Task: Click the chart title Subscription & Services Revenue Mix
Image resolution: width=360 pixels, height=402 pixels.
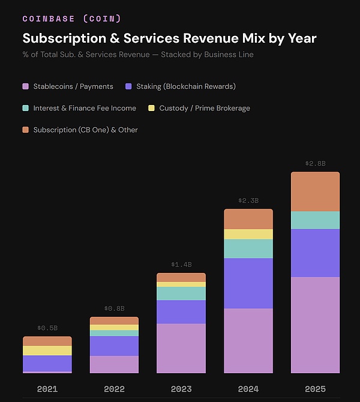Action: (169, 38)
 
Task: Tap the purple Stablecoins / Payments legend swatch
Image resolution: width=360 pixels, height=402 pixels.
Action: (26, 86)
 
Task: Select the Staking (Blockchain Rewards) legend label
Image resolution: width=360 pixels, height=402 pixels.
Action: (185, 86)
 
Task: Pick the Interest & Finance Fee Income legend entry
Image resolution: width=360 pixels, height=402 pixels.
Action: (85, 108)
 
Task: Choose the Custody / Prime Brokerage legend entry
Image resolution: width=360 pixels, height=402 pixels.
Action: (204, 108)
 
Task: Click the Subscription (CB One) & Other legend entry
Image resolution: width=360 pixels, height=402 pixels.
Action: (85, 130)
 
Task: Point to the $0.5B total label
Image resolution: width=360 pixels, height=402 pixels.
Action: (47, 328)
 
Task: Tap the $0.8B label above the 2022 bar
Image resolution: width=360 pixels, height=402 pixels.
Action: (114, 308)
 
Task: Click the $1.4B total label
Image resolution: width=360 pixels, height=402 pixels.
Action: (181, 265)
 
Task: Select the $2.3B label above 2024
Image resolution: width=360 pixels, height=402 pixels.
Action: (248, 200)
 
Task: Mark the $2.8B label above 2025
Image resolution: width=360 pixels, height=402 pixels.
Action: (315, 163)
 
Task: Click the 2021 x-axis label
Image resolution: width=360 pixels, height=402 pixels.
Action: (47, 389)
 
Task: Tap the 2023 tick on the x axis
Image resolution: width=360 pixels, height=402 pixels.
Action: (181, 389)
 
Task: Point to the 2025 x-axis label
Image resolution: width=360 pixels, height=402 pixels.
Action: (315, 389)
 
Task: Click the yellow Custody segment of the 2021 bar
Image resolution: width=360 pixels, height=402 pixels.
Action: (47, 350)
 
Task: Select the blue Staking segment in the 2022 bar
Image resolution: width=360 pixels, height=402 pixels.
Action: (114, 346)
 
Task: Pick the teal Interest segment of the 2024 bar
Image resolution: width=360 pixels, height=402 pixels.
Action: (248, 248)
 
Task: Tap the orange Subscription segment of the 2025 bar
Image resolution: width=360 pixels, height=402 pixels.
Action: (315, 191)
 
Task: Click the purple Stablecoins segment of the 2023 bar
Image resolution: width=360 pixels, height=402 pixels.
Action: (181, 348)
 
